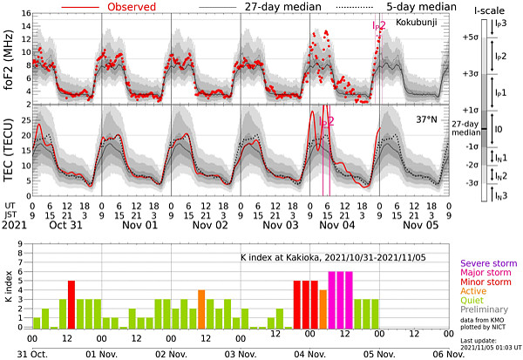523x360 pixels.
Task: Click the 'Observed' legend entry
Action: coord(126,7)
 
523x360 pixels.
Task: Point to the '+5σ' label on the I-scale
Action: coord(472,38)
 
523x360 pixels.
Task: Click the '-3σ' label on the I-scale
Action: coord(472,182)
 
